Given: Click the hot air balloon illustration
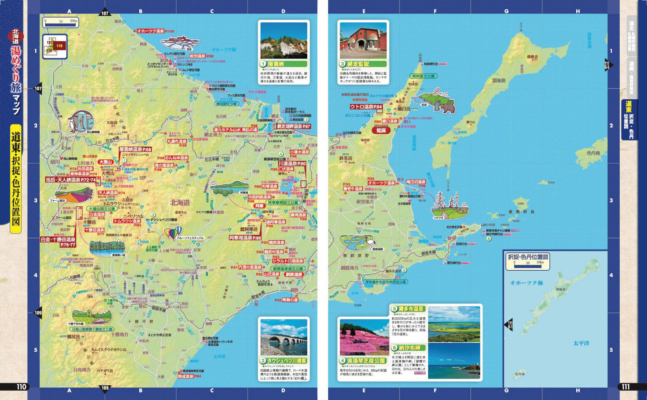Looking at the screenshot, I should pos(174,233).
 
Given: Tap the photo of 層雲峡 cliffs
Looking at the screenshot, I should pos(283,41).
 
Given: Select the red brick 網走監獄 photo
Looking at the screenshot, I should pos(363,41).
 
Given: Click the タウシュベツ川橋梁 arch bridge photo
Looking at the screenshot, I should pos(283,337).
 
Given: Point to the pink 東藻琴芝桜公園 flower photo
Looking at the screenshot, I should pos(364,337).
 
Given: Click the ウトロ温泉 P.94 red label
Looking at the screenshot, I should pos(366,107).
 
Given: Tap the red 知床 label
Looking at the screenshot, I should pos(381,131).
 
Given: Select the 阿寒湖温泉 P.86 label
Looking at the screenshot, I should pos(245,238).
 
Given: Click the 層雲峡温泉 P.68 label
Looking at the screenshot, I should pos(135,149).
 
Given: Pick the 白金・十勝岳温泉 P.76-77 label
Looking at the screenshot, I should pos(58,242).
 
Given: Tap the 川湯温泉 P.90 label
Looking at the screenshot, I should pos(291,164).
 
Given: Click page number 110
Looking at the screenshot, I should pos(22,387).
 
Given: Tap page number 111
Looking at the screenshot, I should pos(625,387).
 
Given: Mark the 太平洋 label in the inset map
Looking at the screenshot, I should pos(581,343).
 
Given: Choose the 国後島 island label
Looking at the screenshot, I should pos(498,81).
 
